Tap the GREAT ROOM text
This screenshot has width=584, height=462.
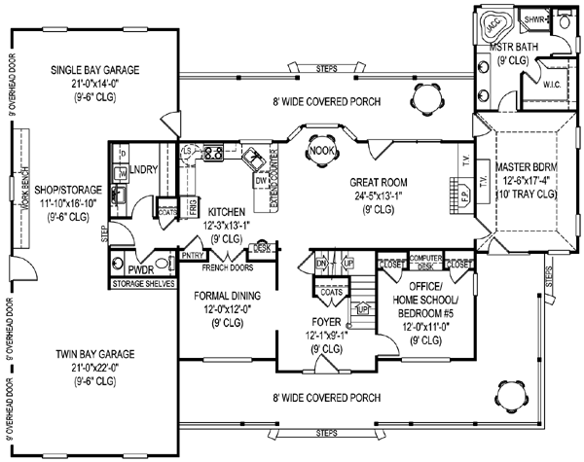[379, 181]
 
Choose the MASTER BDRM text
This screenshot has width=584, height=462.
[532, 166]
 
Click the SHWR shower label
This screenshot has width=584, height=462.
[534, 19]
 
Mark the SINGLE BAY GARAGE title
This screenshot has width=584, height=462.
[96, 69]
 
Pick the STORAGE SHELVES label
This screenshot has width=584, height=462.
[142, 284]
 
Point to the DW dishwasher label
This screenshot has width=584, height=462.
[260, 181]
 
